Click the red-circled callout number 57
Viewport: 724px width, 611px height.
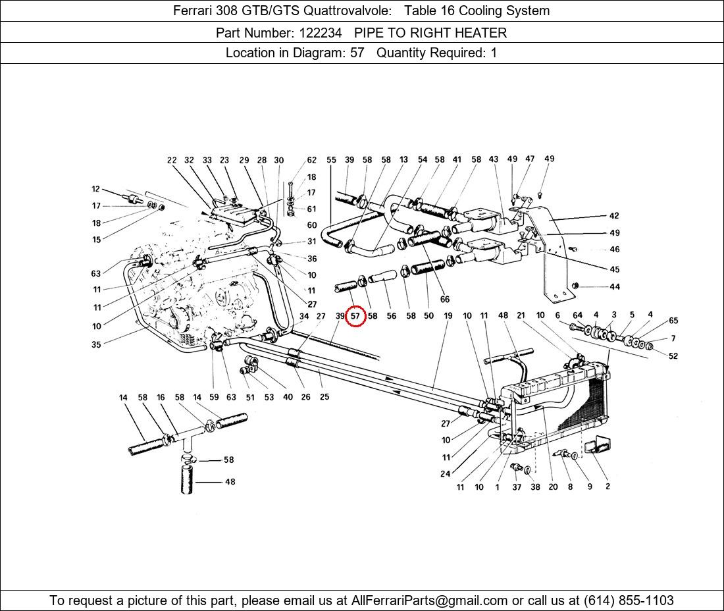click(x=355, y=316)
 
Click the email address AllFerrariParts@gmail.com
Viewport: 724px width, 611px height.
click(x=430, y=600)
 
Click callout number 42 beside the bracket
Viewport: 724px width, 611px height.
click(x=613, y=216)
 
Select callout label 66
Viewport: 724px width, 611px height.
click(x=445, y=300)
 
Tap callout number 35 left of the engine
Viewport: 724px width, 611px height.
click(x=96, y=344)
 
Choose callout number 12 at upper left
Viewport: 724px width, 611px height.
click(x=96, y=190)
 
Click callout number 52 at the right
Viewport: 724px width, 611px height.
click(x=673, y=356)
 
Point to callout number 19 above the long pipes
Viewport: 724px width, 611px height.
click(x=448, y=316)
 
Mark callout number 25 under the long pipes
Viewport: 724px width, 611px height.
click(x=324, y=397)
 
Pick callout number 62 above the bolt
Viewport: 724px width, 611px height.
click(x=311, y=160)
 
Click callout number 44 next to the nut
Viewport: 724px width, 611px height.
click(x=614, y=286)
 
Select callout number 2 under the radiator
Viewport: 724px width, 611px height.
click(x=608, y=487)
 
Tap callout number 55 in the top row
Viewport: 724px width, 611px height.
click(x=331, y=160)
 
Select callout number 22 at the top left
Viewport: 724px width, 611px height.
click(x=172, y=160)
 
